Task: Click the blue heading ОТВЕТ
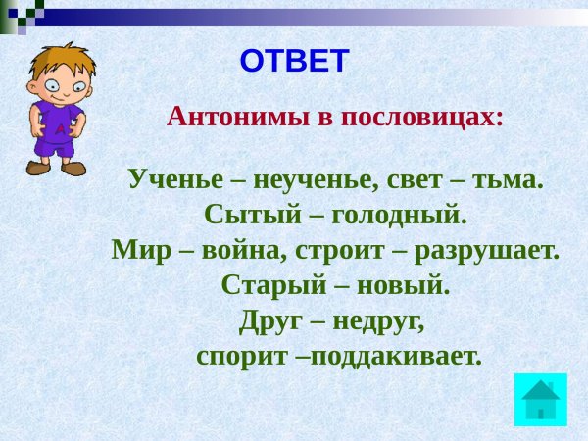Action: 295,61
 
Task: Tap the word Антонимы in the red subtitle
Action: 238,118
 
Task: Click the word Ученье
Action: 175,179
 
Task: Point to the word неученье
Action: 315,180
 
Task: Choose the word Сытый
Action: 253,215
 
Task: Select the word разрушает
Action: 487,252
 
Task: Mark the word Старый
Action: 274,286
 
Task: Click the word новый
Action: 403,287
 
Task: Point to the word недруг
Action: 378,322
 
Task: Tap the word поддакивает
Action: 396,357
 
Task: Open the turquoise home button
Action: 540,400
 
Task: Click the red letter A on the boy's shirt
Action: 60,129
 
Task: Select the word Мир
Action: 141,251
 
